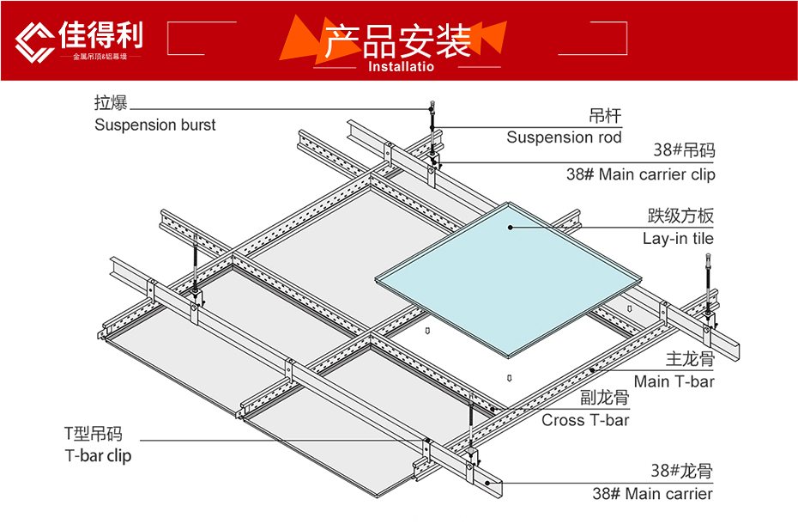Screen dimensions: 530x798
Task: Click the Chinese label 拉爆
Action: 111,103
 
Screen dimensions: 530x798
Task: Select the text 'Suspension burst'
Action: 155,125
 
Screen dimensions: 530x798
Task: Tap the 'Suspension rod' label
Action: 564,137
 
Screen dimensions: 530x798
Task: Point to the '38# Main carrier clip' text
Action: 640,174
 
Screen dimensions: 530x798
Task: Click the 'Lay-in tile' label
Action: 678,239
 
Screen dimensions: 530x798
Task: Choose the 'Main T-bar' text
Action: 674,381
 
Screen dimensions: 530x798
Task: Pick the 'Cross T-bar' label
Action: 585,420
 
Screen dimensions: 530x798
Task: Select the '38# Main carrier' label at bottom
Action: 652,494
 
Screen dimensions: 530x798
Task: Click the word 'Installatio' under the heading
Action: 401,67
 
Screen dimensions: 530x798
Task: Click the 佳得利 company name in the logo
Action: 101,34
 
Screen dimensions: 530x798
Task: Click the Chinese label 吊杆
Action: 605,116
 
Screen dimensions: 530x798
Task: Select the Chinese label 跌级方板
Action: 680,216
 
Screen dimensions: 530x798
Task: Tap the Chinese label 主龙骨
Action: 690,359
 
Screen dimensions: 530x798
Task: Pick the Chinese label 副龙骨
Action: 604,398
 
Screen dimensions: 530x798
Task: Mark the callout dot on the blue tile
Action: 510,228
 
